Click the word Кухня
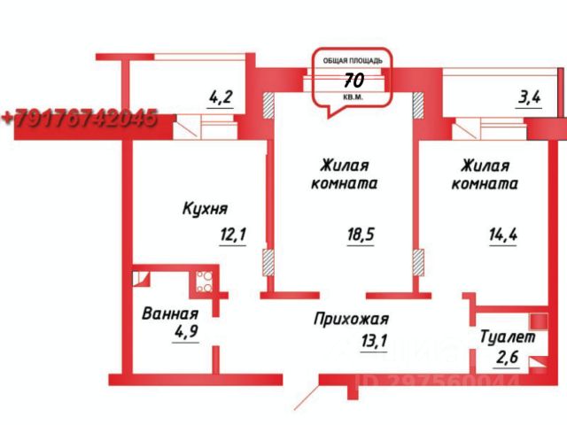coord(205,209)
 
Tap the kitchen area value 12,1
coord(232,235)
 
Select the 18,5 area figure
coord(358,236)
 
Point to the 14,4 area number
coord(503,236)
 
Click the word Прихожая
coord(352,320)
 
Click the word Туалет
coord(507,336)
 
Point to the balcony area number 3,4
coord(530,98)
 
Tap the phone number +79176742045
coord(79,118)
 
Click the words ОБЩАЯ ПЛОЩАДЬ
coord(352,59)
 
